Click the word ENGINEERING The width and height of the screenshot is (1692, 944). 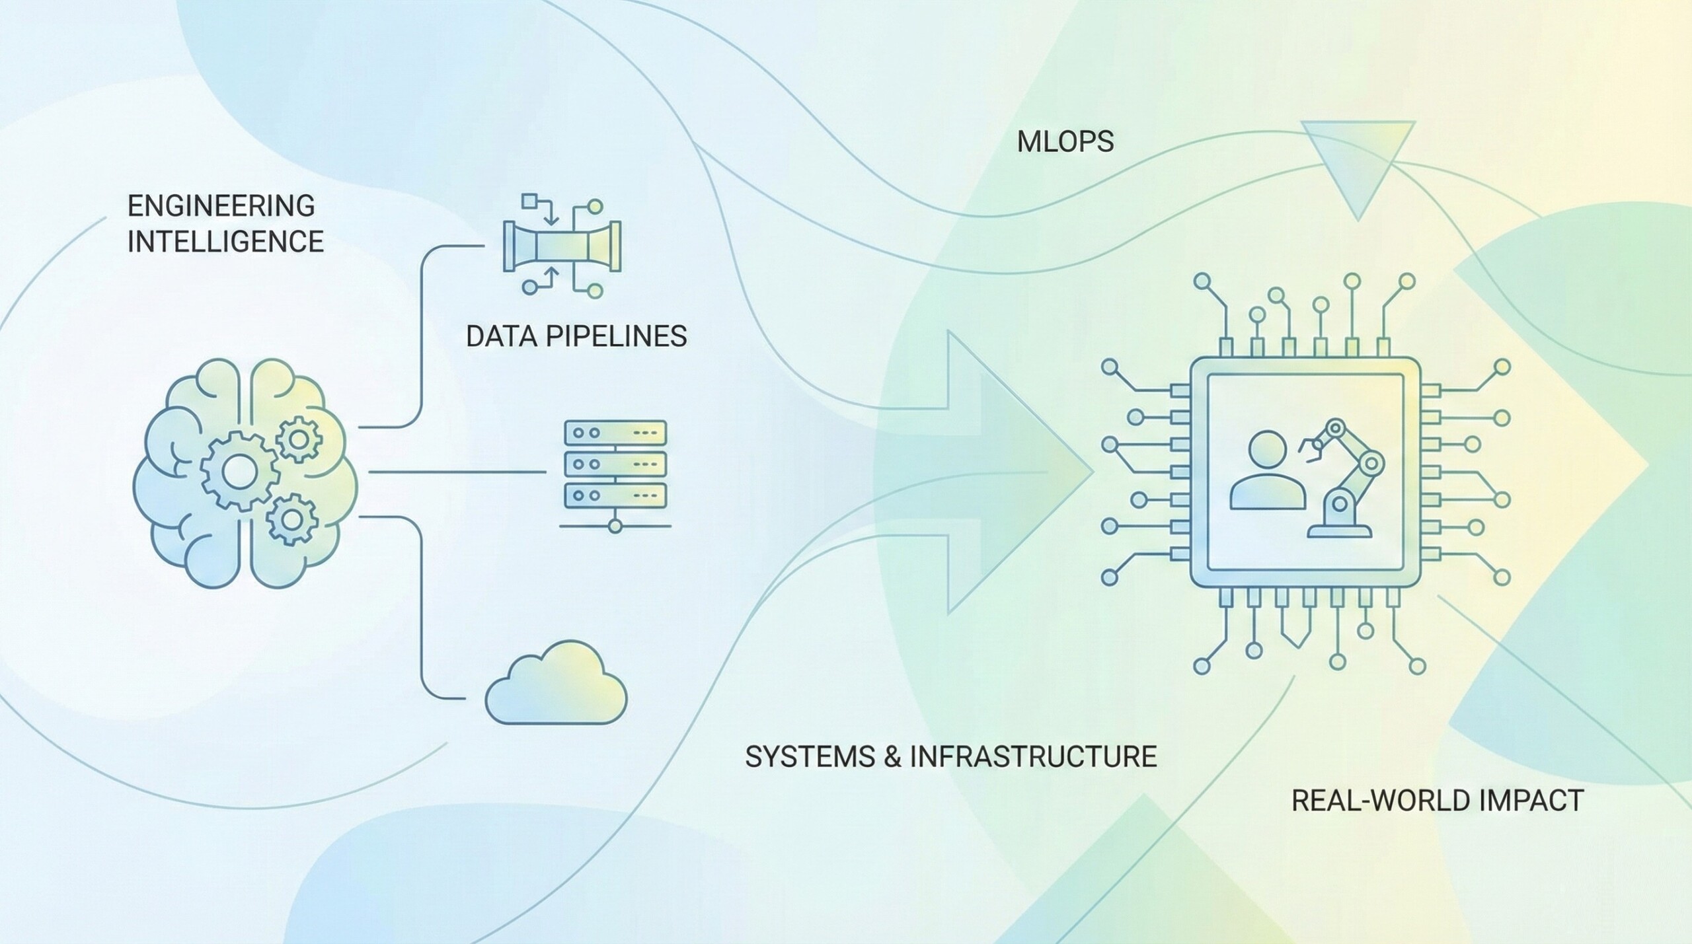[221, 206]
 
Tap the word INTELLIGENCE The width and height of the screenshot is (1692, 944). [225, 242]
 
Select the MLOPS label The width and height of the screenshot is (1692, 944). [1065, 142]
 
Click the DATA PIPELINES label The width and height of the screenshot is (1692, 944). [576, 337]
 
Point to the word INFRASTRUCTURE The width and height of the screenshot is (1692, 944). [1034, 757]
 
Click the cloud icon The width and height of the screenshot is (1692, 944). [557, 684]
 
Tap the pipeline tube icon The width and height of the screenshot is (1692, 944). [562, 246]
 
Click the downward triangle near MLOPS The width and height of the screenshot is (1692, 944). [1358, 165]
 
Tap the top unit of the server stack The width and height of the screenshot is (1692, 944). [615, 433]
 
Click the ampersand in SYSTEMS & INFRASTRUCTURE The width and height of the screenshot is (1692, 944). [892, 757]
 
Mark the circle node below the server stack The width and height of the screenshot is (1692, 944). [615, 526]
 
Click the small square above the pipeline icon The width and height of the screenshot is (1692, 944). [529, 200]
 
